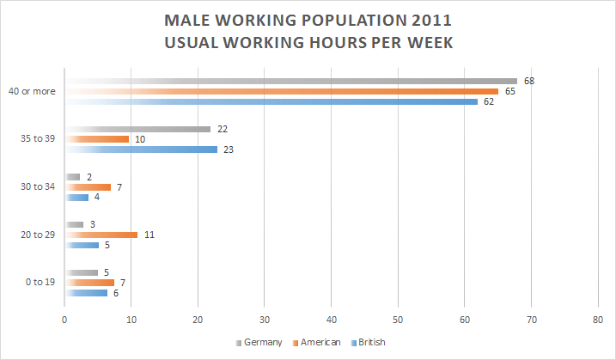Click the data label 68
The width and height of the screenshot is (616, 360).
tap(529, 81)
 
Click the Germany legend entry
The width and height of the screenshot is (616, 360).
tap(261, 342)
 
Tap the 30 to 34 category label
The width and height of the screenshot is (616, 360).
tap(35, 186)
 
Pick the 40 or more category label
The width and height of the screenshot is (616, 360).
tap(33, 91)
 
